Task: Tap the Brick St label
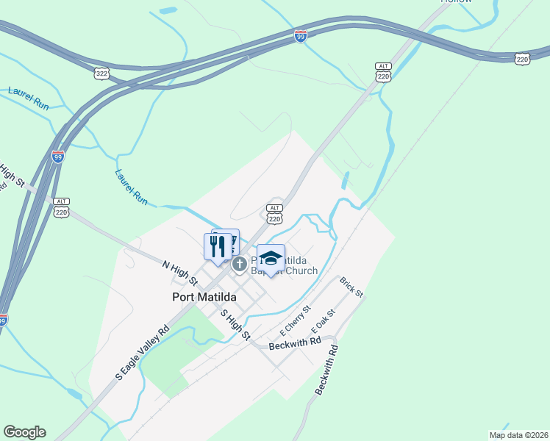click(351, 287)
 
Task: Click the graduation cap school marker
click(271, 259)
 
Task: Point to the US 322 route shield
click(102, 73)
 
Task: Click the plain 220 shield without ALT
click(522, 59)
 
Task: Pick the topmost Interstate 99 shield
click(301, 36)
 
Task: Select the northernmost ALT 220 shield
click(382, 72)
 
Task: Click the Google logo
click(24, 432)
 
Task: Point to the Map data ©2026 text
click(518, 435)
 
